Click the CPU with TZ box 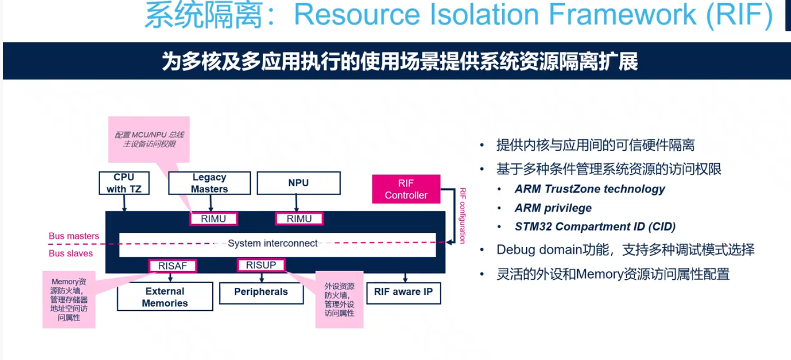pyautogui.click(x=124, y=183)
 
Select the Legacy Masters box pyautogui.click(x=209, y=183)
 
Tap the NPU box pyautogui.click(x=298, y=183)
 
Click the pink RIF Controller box pyautogui.click(x=406, y=189)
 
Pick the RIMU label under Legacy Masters pyautogui.click(x=213, y=218)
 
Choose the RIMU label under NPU pyautogui.click(x=299, y=218)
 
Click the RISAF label pyautogui.click(x=173, y=265)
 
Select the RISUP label pyautogui.click(x=260, y=265)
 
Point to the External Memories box pyautogui.click(x=165, y=297)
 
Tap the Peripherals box pyautogui.click(x=261, y=292)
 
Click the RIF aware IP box pyautogui.click(x=404, y=292)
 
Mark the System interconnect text pyautogui.click(x=273, y=243)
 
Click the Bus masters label pyautogui.click(x=74, y=236)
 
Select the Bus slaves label pyautogui.click(x=71, y=254)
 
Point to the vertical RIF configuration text pyautogui.click(x=463, y=216)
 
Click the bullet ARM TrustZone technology pyautogui.click(x=589, y=189)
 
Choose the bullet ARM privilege pyautogui.click(x=553, y=208)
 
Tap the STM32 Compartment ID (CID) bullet pyautogui.click(x=595, y=227)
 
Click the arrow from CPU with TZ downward pyautogui.click(x=124, y=203)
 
